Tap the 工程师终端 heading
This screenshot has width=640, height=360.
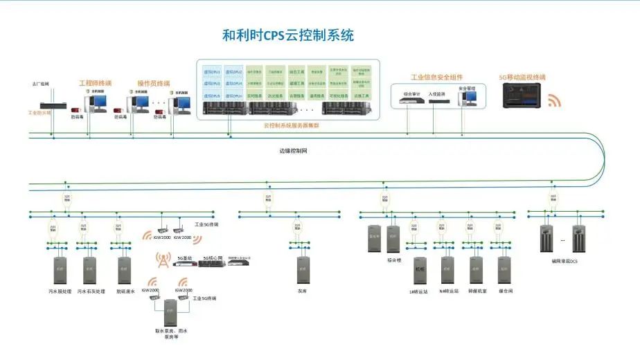coord(95,83)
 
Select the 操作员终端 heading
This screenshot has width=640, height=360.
coord(154,83)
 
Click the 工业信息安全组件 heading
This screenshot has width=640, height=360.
coord(436,78)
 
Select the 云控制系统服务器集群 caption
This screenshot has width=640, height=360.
coord(291,125)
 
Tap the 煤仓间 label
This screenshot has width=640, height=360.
coord(505,291)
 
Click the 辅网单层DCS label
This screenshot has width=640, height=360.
coord(565,261)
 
